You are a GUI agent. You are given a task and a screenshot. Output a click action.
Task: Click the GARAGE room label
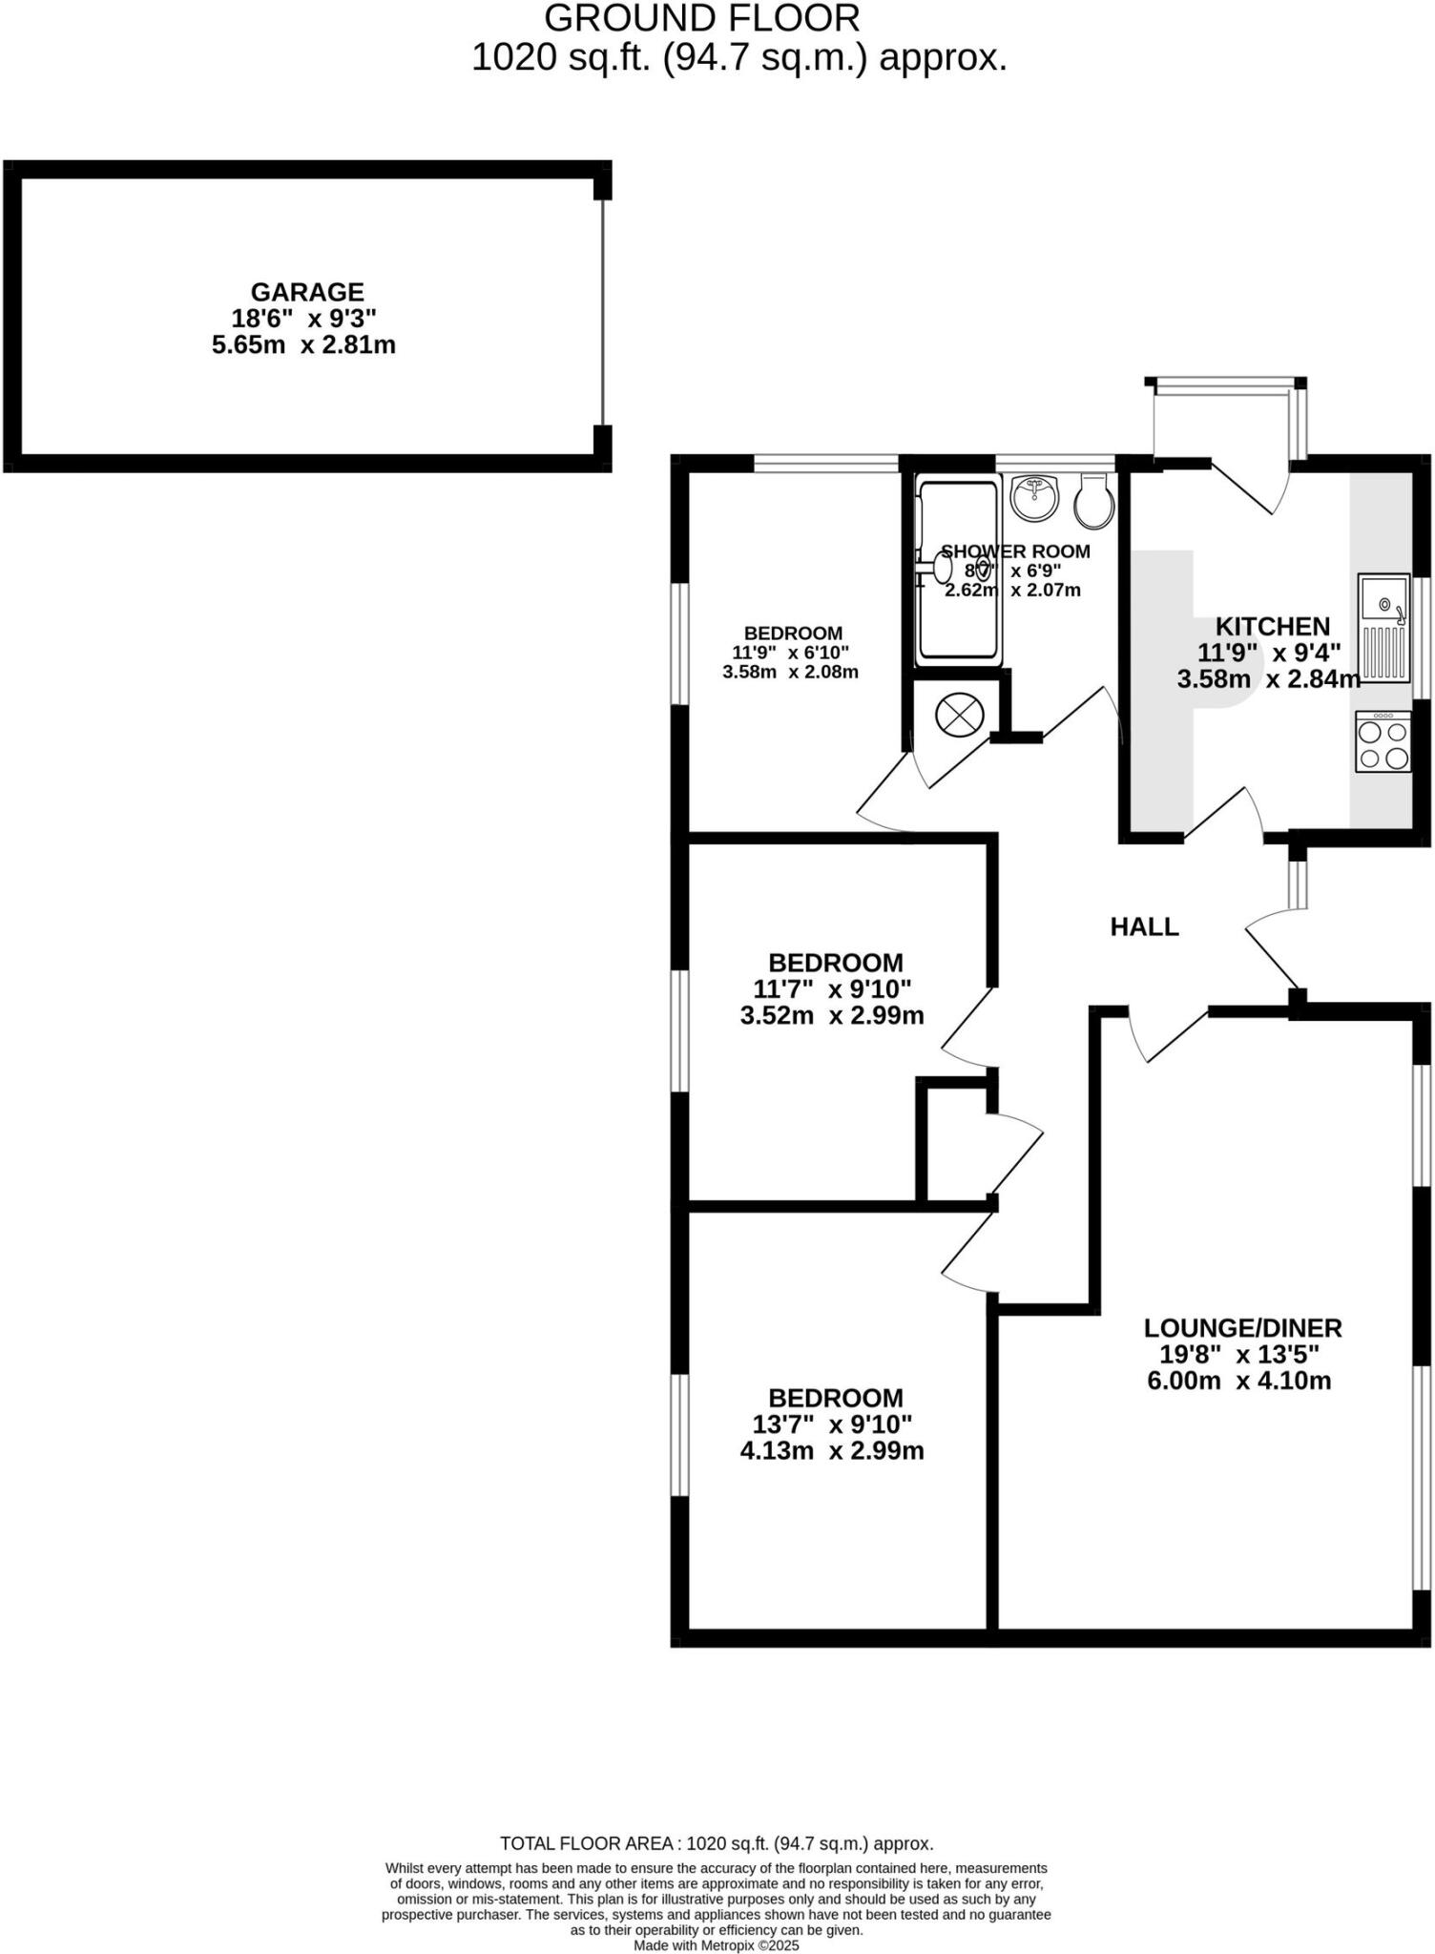point(307,292)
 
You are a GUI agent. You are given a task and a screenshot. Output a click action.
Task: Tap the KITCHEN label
point(1272,627)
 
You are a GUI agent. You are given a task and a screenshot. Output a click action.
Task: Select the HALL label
point(1144,926)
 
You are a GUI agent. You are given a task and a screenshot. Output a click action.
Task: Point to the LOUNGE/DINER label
point(1242,1327)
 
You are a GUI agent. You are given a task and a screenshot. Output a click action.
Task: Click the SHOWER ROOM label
point(1015,551)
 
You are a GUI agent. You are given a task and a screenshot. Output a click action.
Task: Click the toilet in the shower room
point(1093,503)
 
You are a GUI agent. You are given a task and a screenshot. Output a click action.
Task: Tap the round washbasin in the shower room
point(1035,497)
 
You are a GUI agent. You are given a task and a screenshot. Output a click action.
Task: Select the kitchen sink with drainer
point(1384,627)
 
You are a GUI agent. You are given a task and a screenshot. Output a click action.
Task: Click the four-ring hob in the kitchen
point(1383,743)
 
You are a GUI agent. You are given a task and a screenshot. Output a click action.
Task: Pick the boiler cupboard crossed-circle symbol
point(959,715)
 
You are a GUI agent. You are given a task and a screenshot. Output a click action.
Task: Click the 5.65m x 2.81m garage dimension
point(303,344)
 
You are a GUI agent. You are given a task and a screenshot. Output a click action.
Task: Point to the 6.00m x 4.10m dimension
point(1238,1381)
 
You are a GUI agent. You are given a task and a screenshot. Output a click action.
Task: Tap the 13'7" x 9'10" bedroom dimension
point(832,1424)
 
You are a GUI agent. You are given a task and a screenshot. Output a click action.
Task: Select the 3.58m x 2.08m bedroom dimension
point(790,672)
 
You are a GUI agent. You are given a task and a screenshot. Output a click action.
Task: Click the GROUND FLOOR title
point(701,18)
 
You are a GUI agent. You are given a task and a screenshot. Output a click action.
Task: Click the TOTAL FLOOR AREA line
point(717,1843)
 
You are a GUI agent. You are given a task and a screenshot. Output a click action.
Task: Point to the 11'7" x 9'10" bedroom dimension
point(832,988)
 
